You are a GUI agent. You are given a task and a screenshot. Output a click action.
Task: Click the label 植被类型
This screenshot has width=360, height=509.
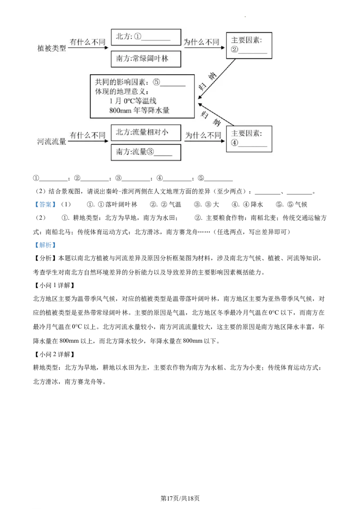51,48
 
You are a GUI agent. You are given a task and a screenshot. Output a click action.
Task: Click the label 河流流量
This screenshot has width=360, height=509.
51,142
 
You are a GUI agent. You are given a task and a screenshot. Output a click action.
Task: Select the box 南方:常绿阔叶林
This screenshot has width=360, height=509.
146,59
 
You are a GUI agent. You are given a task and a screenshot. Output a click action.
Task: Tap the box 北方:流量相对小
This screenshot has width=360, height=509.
146,132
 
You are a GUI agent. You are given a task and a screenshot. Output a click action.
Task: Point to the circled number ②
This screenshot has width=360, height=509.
234,50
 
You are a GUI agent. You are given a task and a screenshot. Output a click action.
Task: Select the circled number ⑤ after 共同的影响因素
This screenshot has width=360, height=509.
156,82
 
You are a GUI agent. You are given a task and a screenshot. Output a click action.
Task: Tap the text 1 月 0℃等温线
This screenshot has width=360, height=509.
133,101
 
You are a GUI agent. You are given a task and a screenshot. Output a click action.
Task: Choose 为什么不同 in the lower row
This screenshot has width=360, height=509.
203,135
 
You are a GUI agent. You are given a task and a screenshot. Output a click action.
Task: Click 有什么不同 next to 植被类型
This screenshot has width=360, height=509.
87,42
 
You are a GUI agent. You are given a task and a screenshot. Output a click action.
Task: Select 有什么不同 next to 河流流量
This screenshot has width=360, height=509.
87,135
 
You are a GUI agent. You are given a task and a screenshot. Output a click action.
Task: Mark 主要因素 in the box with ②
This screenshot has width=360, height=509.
246,40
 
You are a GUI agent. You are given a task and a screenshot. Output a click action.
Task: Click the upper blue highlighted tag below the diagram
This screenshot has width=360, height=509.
45,205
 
